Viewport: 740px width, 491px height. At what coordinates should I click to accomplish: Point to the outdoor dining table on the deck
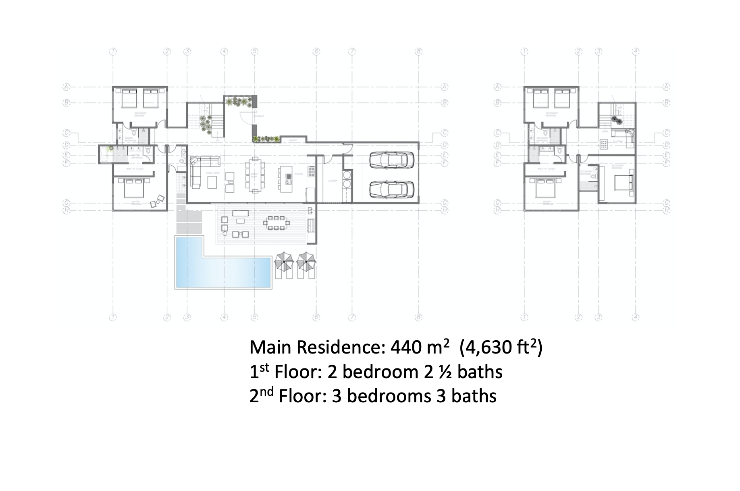[x=276, y=223]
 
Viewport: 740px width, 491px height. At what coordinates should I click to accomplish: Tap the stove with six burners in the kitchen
[x=312, y=173]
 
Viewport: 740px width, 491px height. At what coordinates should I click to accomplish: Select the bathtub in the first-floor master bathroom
[x=106, y=154]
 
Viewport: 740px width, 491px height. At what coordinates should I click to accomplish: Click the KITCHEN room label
[x=299, y=174]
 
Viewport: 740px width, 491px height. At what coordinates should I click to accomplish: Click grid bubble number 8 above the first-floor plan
[x=419, y=52]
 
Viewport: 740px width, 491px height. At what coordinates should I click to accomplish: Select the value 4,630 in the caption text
[x=491, y=347]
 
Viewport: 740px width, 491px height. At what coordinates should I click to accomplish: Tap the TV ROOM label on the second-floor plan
[x=617, y=141]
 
